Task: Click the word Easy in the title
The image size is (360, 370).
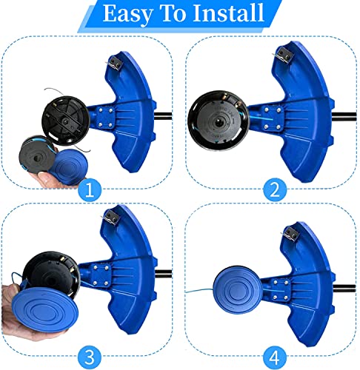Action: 127,13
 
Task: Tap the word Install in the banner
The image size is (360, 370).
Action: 228,13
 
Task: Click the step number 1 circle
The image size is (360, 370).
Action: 90,190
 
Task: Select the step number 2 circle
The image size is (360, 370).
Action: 275,190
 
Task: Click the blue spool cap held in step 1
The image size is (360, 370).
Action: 69,166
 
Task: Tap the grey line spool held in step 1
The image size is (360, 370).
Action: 36,154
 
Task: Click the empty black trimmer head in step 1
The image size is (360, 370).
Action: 65,121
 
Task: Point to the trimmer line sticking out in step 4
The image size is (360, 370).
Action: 199,291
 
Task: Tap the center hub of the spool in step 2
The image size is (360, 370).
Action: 219,123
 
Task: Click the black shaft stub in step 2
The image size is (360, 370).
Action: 344,116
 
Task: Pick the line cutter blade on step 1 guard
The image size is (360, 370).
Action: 115,63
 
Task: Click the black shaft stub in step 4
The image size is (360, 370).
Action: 344,288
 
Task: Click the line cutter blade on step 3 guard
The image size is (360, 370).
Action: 110,217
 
